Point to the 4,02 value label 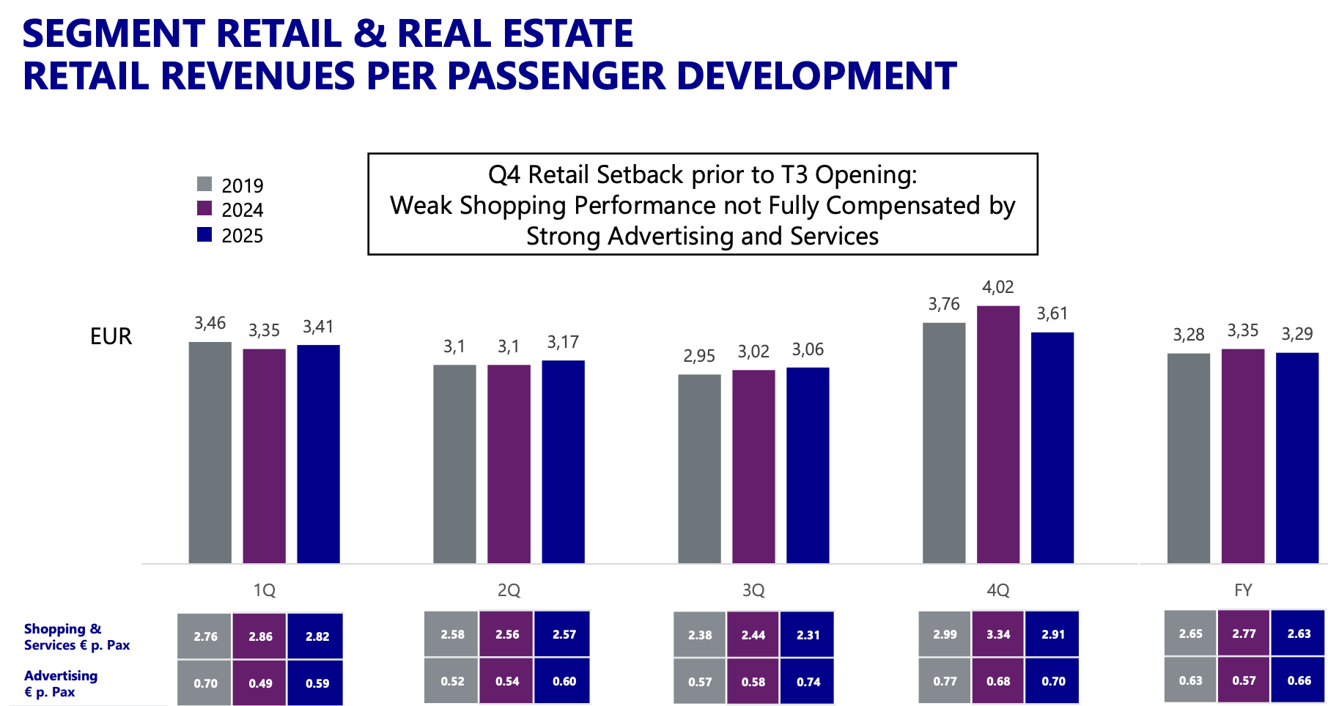click(x=998, y=287)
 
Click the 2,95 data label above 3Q click(x=699, y=356)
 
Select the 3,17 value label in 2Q click(x=563, y=342)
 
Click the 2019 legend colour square click(x=204, y=184)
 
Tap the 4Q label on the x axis click(x=998, y=590)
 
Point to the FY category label click(x=1243, y=590)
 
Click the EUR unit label click(x=111, y=336)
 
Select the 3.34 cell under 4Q click(x=998, y=634)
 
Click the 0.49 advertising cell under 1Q click(x=260, y=683)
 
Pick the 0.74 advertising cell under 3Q click(x=808, y=682)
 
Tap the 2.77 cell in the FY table click(x=1244, y=633)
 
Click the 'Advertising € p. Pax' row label click(x=61, y=683)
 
